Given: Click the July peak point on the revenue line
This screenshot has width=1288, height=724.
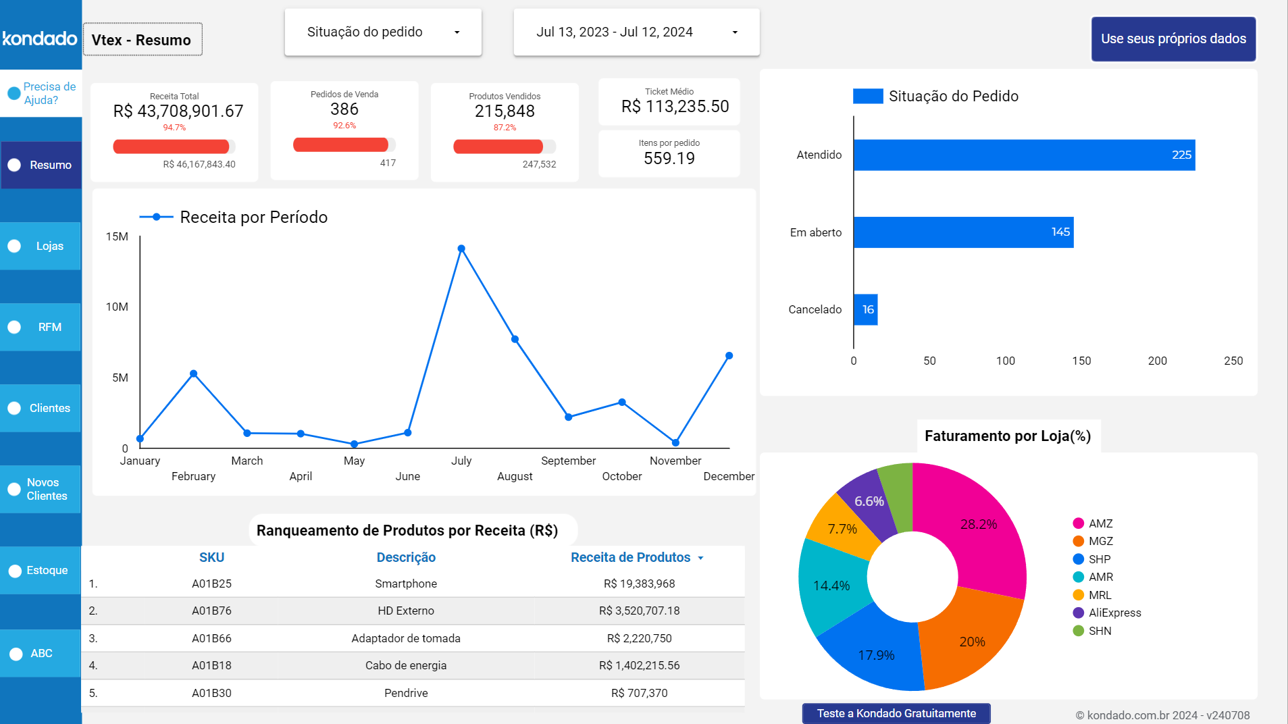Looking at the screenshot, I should tap(461, 249).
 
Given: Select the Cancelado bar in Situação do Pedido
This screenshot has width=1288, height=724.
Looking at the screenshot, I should tap(865, 309).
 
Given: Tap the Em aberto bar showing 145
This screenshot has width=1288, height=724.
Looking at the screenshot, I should tap(962, 232).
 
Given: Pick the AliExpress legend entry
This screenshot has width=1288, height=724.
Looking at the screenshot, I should tap(1114, 613).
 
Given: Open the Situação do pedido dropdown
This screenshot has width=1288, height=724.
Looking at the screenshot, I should tap(383, 32).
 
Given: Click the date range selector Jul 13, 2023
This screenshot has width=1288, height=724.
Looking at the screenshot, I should tap(636, 32).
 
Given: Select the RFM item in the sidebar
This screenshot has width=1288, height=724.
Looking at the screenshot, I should tap(41, 327).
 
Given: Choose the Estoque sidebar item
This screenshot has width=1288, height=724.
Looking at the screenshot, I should tap(41, 570).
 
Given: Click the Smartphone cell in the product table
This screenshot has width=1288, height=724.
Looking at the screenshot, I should tap(406, 584).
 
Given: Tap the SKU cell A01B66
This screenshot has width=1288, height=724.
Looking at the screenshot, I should tap(211, 638).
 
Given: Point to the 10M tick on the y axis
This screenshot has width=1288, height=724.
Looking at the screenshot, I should tap(117, 307).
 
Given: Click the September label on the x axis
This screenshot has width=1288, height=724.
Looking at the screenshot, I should tap(568, 461).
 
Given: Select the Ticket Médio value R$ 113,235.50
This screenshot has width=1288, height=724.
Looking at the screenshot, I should tap(675, 107).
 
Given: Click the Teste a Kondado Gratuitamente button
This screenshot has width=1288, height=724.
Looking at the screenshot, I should tap(896, 713).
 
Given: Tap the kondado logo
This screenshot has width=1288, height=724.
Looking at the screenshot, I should tap(40, 38).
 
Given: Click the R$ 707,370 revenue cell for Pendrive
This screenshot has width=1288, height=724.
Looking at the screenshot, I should tap(639, 693).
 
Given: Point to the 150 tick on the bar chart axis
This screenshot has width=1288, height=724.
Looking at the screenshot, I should tap(1081, 361).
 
